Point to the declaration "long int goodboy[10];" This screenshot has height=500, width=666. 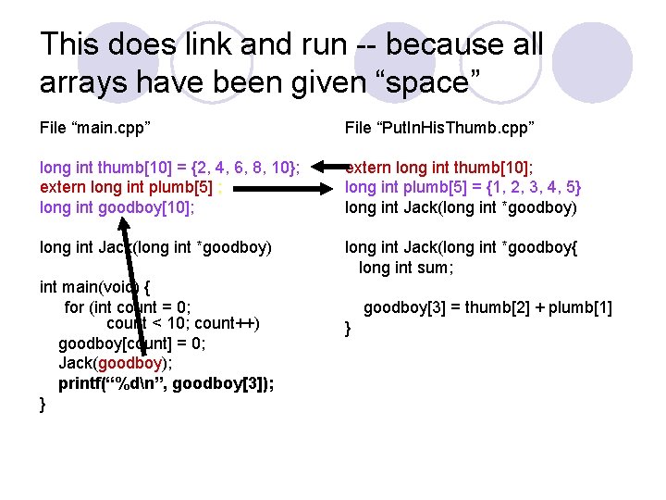[x=116, y=207]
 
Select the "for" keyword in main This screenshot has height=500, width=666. [x=75, y=306]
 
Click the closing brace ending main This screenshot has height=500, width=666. [x=43, y=403]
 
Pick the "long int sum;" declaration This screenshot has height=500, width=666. [x=405, y=268]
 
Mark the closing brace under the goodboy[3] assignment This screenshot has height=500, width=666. [x=349, y=328]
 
